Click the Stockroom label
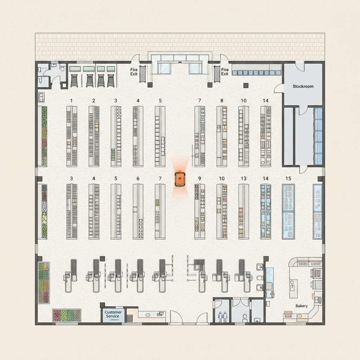[x=303, y=86]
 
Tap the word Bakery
[x=301, y=306]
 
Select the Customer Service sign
[x=113, y=314]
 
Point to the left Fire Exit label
[x=134, y=72]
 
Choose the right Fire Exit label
[x=225, y=72]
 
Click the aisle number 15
[x=288, y=178]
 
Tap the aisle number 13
[x=243, y=178]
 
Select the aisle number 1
[x=71, y=101]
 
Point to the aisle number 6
[x=138, y=178]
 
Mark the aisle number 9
[x=200, y=178]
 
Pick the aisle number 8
[x=221, y=101]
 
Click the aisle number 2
[x=94, y=101]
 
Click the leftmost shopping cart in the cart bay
[x=74, y=81]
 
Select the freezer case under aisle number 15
[x=288, y=212]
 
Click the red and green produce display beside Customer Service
[x=66, y=315]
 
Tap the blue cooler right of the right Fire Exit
[x=256, y=70]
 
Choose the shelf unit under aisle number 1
[x=72, y=136]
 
